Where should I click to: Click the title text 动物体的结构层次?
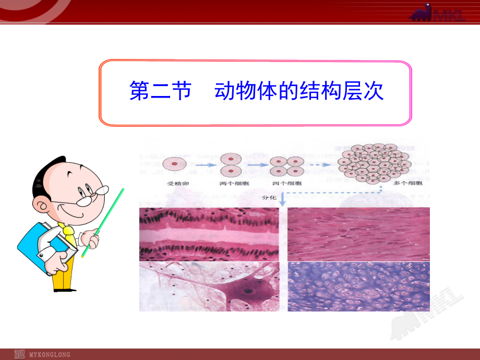point(299,92)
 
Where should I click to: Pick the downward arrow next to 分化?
point(283,198)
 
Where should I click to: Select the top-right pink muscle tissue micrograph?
point(359,234)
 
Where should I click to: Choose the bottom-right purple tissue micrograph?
point(359,286)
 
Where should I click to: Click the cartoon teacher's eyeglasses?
point(89,196)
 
